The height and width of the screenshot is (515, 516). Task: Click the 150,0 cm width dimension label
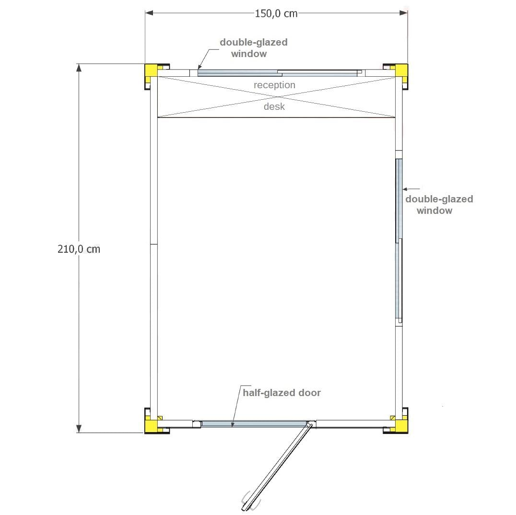pyautogui.click(x=276, y=13)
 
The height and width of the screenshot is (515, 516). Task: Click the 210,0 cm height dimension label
pyautogui.click(x=79, y=249)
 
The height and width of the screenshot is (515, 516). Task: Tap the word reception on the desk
pyautogui.click(x=274, y=85)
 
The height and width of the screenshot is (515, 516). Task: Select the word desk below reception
pyautogui.click(x=274, y=106)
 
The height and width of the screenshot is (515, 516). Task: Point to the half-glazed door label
pyautogui.click(x=281, y=393)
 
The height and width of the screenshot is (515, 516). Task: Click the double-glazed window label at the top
pyautogui.click(x=253, y=48)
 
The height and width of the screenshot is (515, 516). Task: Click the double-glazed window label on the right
pyautogui.click(x=439, y=205)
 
